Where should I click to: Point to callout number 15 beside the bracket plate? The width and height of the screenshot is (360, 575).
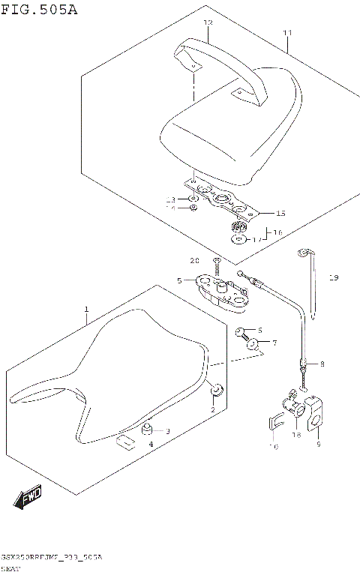280,212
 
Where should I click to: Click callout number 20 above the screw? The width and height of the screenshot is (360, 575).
194,261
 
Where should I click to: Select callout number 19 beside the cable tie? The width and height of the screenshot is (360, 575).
333,278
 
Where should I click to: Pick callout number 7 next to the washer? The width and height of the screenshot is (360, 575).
274,343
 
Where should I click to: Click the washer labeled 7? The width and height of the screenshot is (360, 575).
252,345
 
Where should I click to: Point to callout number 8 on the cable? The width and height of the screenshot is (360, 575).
322,364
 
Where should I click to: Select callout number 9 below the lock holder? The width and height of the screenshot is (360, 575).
318,445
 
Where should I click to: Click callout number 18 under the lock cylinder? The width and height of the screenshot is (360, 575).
295,434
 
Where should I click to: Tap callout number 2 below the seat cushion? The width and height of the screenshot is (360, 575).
212,410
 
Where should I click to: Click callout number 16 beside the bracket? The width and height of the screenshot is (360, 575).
277,232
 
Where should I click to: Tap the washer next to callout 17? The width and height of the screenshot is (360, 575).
238,240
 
